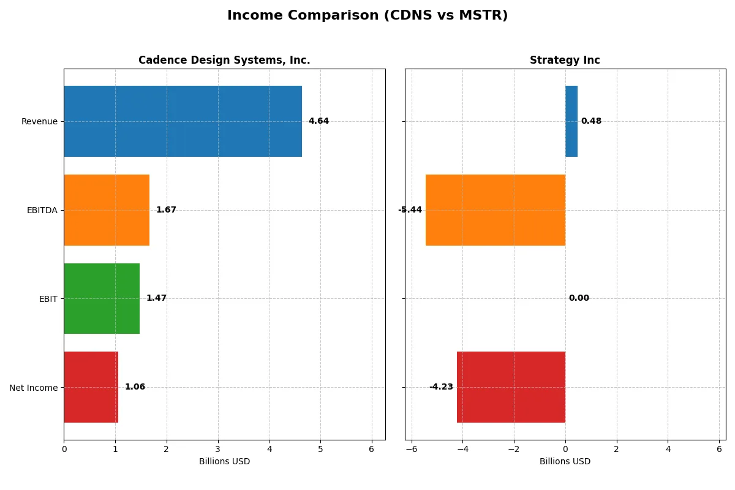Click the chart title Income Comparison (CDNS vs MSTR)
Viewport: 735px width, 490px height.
tap(367, 15)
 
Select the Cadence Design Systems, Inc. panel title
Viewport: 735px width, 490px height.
tap(224, 60)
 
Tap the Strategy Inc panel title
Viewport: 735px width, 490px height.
tap(565, 60)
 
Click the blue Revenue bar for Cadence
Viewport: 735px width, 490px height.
tap(183, 121)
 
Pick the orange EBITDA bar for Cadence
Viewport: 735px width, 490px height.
tap(107, 210)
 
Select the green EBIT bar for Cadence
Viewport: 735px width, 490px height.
tap(102, 298)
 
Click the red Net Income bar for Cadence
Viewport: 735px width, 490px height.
tap(91, 387)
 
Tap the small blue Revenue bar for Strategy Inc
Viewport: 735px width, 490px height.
tap(571, 121)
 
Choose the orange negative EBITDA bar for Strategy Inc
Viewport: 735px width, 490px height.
tap(496, 210)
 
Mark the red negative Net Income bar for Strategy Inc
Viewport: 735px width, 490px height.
tap(511, 387)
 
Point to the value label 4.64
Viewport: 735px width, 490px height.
tap(318, 121)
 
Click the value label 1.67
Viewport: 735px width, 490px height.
tap(166, 210)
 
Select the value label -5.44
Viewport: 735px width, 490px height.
tap(410, 210)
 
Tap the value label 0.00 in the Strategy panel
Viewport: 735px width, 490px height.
tap(579, 298)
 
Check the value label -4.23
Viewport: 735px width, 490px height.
tap(441, 387)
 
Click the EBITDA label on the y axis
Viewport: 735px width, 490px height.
tap(42, 210)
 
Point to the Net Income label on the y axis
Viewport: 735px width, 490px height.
tap(34, 387)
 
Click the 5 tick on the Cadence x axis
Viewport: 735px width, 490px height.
tap(320, 449)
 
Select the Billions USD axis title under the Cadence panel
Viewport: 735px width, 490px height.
tap(224, 461)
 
